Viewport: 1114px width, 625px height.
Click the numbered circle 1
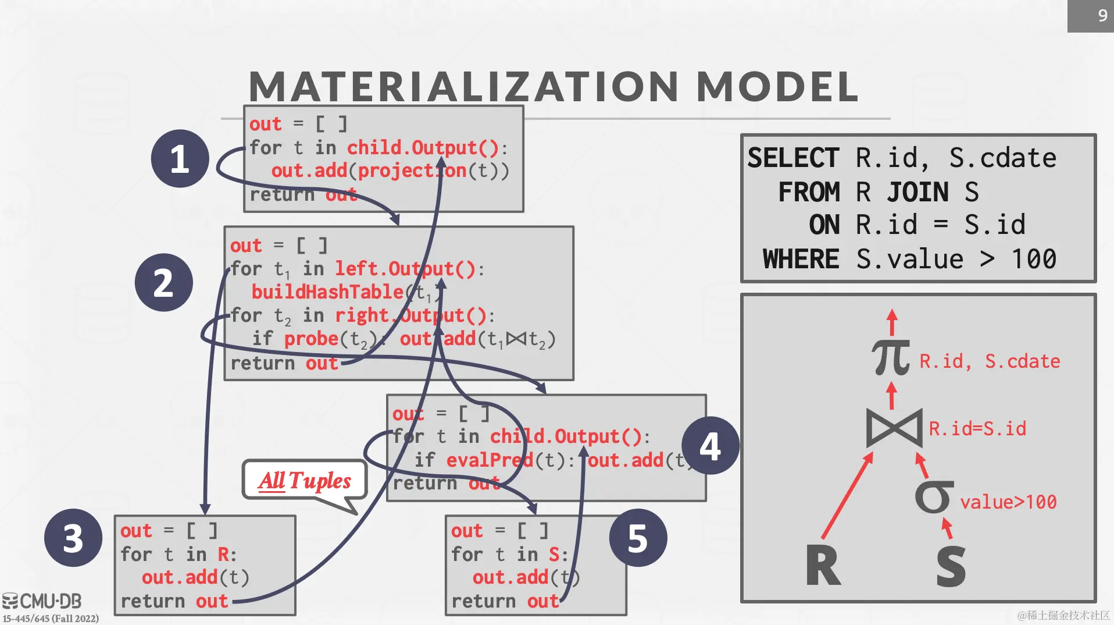[180, 158]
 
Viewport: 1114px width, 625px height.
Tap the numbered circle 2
[163, 283]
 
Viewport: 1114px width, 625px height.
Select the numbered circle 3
[73, 538]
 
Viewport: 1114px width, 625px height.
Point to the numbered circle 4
[710, 446]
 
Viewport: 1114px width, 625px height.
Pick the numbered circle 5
[638, 538]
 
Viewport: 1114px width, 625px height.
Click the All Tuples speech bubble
[305, 481]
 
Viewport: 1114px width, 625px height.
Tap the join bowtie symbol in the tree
[894, 428]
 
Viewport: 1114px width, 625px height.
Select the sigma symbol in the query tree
[934, 498]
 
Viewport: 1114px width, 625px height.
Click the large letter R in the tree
[823, 566]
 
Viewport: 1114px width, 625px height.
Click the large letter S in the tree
[951, 566]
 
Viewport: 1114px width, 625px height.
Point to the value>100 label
[1008, 502]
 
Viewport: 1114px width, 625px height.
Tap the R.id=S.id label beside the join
[977, 429]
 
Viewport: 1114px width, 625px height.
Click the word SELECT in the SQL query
[793, 158]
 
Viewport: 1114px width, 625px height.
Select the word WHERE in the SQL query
[801, 259]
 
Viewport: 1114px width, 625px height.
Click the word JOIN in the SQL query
[917, 192]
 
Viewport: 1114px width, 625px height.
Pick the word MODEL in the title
[777, 87]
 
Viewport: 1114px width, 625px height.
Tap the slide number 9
[1102, 16]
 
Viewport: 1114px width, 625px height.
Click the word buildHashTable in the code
[327, 292]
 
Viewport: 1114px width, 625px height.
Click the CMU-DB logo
[42, 601]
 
